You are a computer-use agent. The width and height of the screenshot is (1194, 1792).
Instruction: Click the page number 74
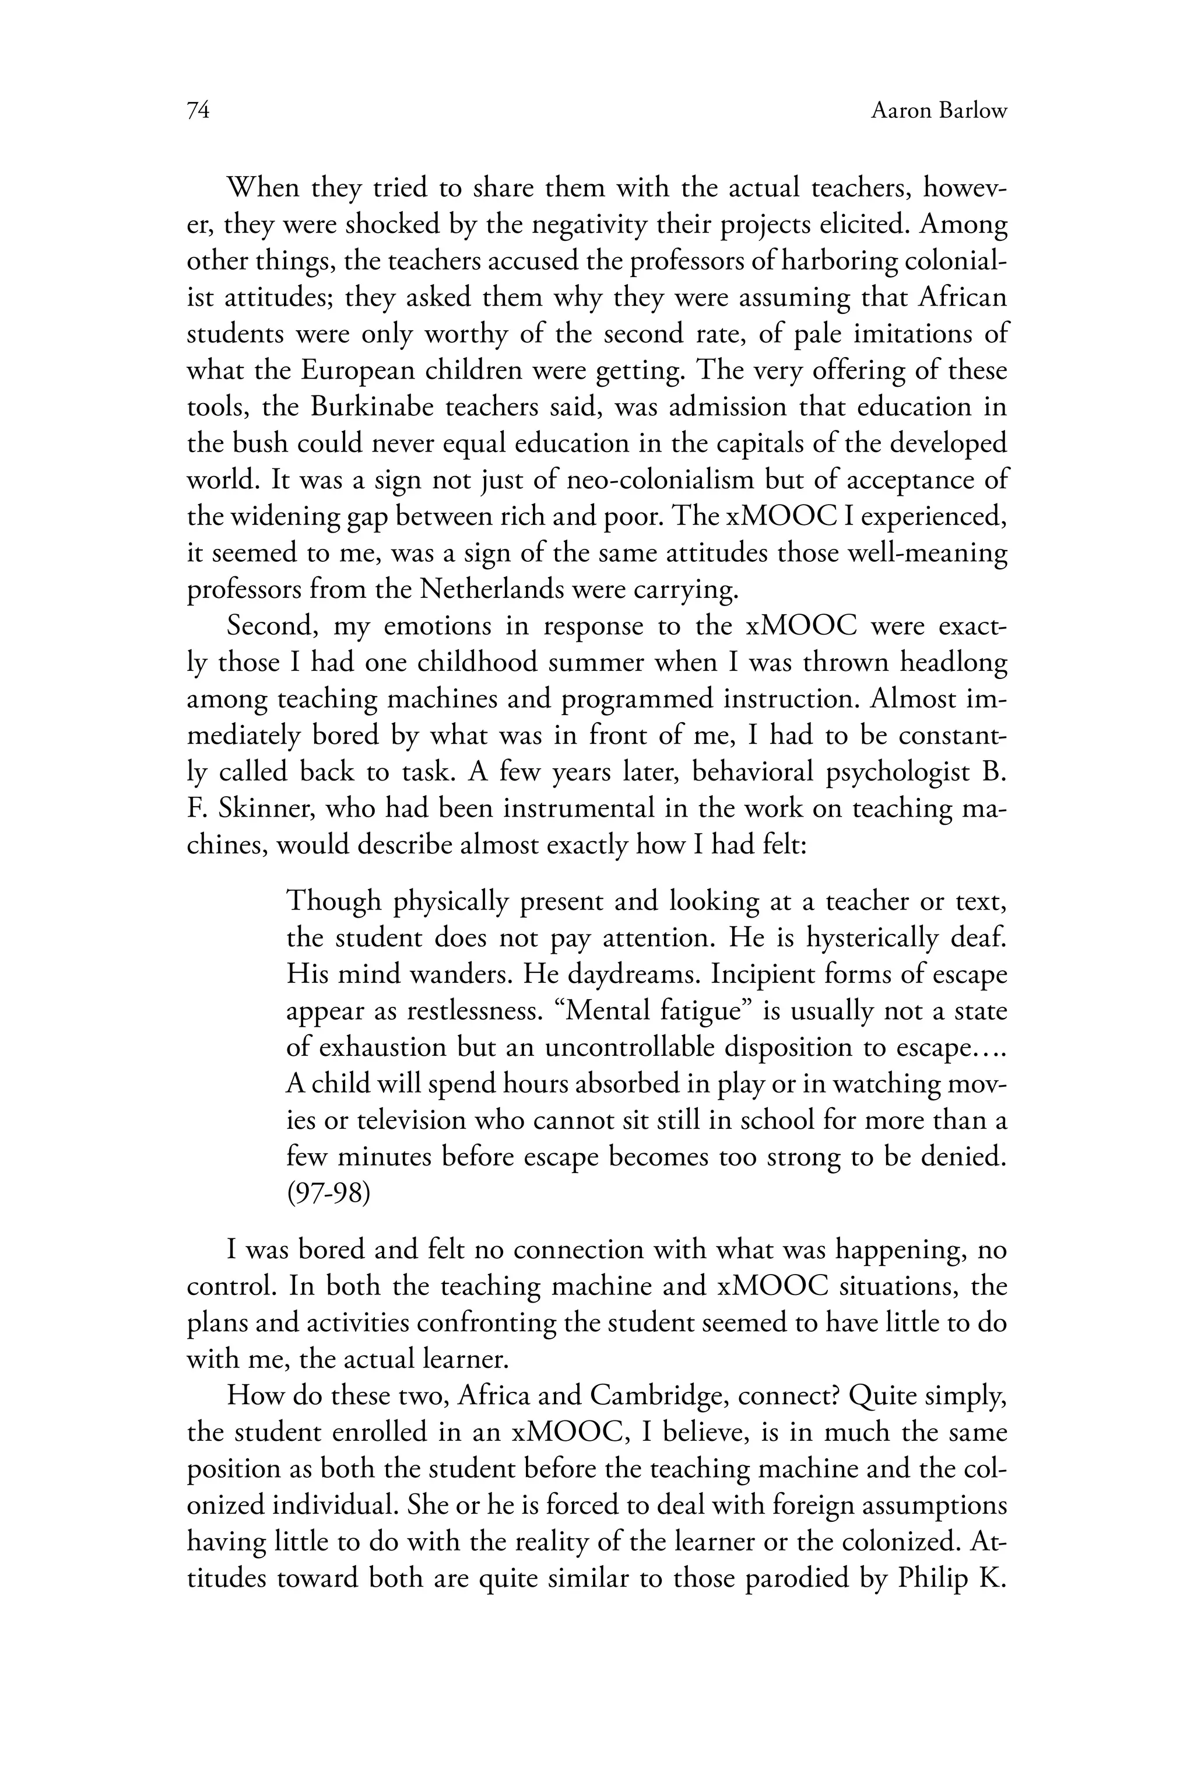point(198,111)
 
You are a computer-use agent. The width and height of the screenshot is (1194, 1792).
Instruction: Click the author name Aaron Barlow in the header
point(938,111)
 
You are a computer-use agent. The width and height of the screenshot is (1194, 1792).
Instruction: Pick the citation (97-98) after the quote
point(328,1193)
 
